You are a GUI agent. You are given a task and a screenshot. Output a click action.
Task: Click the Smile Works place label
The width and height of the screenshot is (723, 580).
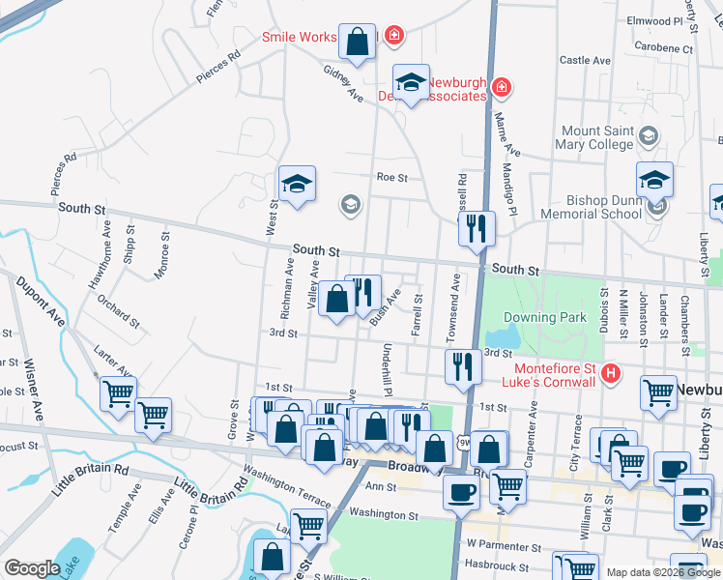tap(299, 38)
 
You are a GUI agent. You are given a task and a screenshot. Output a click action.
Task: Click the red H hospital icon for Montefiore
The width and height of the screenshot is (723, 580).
tap(610, 373)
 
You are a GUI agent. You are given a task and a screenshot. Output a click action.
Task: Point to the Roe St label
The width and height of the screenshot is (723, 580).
tap(392, 178)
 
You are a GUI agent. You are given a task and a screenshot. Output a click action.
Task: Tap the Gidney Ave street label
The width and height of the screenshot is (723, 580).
tap(342, 84)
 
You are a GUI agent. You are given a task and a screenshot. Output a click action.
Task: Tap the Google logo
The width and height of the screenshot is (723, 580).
tap(31, 568)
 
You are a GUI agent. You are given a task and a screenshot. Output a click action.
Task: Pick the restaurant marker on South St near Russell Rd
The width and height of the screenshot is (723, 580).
tap(477, 229)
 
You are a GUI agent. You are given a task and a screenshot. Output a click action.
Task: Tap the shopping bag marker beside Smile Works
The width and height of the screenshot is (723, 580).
tap(357, 42)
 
